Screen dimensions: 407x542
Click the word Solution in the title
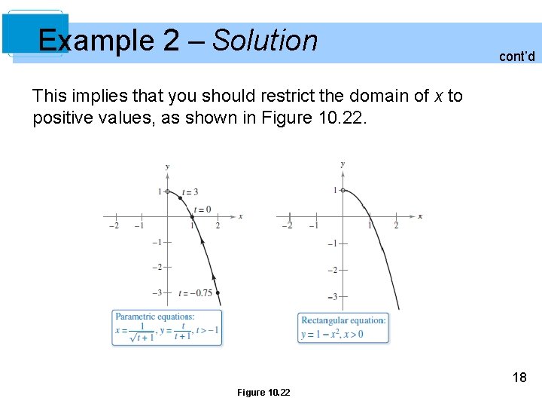click(x=265, y=40)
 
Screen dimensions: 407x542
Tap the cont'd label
click(x=516, y=56)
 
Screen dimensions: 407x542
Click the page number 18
click(x=519, y=378)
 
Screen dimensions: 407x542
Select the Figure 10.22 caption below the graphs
click(x=263, y=392)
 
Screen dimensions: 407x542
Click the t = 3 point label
click(x=190, y=192)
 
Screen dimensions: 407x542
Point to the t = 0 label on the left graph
click(x=202, y=209)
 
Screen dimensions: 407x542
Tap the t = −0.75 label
click(x=196, y=293)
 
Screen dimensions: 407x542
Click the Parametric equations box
click(x=167, y=328)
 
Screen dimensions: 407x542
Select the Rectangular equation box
click(x=344, y=328)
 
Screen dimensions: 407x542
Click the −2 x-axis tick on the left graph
click(x=114, y=225)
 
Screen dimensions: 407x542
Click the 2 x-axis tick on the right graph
click(x=396, y=225)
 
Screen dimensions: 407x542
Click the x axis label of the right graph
click(x=420, y=216)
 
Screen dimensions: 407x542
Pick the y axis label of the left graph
click(x=167, y=166)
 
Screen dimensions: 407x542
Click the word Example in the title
click(x=97, y=40)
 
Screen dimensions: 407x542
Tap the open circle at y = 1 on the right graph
click(x=343, y=191)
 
